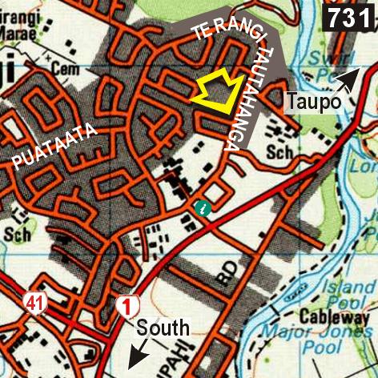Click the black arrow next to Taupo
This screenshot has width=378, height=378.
click(347, 79)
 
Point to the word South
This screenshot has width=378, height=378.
click(163, 327)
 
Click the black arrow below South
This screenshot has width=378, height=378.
click(138, 352)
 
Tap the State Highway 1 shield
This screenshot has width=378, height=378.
click(126, 305)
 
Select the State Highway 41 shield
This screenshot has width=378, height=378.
click(34, 303)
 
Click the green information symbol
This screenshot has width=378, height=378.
click(203, 209)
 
